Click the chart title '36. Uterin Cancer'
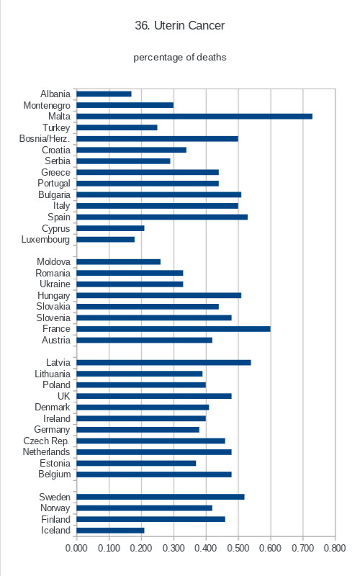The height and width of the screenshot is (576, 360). pos(179,25)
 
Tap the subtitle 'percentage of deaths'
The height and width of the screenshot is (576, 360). pos(179,58)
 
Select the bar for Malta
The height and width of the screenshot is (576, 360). pos(194,117)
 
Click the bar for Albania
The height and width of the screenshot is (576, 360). pos(104,94)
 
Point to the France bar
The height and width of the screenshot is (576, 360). pos(174,329)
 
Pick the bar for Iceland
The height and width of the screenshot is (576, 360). pos(110,531)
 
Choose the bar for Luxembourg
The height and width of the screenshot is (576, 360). pos(105,240)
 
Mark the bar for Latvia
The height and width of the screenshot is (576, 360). pos(164,363)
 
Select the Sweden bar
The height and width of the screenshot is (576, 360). pos(161,497)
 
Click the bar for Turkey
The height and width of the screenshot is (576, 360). pos(117,127)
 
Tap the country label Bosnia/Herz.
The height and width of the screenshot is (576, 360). pos(45,138)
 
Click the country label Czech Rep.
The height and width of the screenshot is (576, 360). pos(46,441)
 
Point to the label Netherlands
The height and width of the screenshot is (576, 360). pos(46,452)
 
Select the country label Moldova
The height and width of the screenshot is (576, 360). pos(53,261)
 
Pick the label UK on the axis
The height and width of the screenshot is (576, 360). pos(63,396)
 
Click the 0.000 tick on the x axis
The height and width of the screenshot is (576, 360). pos(76,548)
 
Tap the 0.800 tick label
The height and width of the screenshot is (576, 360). pos(335,548)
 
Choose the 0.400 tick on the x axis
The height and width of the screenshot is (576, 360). pos(206,548)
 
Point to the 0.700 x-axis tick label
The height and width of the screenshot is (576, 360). pos(302,548)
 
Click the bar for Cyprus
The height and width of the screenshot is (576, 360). pos(110,228)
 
